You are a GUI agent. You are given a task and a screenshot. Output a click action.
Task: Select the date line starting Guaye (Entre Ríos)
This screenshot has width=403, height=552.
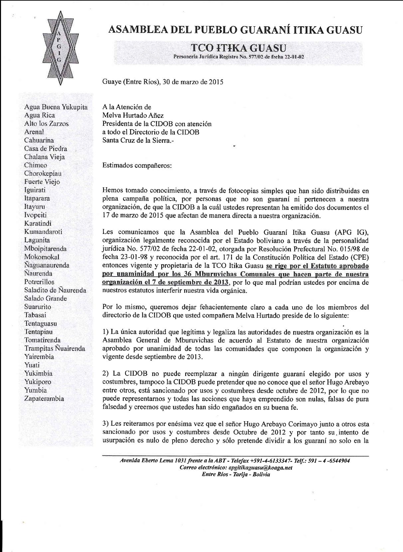tap(163, 82)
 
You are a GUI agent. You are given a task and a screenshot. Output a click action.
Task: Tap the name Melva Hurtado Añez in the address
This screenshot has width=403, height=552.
tap(133, 115)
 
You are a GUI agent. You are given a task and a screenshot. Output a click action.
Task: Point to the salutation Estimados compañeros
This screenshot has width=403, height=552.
tap(137, 165)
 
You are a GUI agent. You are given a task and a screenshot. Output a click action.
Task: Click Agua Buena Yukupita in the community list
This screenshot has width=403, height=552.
tap(56, 107)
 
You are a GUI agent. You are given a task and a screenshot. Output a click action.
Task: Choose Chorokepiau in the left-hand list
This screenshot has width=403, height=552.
tap(42, 173)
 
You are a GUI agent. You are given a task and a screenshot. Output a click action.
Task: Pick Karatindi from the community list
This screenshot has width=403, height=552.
tap(38, 223)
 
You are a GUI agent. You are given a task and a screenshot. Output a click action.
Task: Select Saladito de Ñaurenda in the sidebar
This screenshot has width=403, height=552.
tap(55, 290)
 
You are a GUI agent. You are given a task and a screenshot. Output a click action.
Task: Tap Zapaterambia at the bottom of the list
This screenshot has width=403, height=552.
tap(44, 399)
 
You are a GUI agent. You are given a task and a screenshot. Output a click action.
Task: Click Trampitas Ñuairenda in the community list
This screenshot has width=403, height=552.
tap(55, 348)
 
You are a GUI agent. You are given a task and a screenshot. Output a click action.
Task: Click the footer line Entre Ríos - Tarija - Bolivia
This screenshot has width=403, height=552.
tap(236, 474)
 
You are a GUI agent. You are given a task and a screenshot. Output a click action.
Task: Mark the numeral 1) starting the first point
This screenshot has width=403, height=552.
tap(106, 332)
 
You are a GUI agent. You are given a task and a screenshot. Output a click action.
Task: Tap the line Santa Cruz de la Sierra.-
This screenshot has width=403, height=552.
tap(138, 140)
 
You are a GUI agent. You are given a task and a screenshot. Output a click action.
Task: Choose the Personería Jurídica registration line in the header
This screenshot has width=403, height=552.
tap(239, 57)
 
